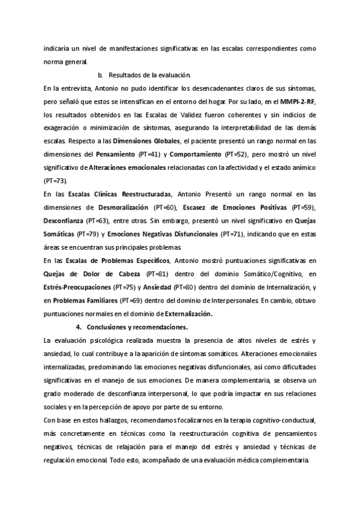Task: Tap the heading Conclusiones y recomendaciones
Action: (x=137, y=327)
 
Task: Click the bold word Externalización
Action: (x=186, y=313)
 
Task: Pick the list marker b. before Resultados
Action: (x=100, y=74)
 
